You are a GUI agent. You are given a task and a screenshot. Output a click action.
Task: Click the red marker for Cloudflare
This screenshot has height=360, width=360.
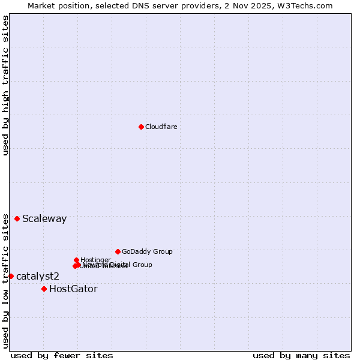[x=141, y=127]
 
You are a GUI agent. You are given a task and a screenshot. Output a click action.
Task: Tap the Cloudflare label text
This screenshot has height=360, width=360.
[x=161, y=127]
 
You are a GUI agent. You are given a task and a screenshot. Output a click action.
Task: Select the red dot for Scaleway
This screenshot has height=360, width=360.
[x=17, y=218]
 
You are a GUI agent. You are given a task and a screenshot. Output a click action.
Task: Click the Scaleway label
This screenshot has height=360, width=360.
[x=44, y=218]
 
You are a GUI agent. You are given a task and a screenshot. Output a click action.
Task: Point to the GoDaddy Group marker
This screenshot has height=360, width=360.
[x=118, y=251]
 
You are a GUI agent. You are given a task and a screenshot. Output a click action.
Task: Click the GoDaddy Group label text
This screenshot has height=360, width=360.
[x=147, y=251]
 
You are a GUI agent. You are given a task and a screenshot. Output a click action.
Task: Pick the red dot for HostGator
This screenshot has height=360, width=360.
[x=44, y=289]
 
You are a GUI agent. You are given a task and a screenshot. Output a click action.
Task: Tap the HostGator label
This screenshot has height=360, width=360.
[x=73, y=289]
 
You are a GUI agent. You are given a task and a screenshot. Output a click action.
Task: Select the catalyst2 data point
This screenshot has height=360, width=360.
[x=11, y=276]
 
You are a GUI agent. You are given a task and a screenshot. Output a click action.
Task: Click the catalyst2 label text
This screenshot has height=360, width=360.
[x=38, y=276]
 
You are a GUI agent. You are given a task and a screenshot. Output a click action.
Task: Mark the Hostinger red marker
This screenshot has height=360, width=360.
[x=76, y=260]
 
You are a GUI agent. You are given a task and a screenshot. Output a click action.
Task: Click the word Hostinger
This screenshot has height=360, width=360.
[x=96, y=260]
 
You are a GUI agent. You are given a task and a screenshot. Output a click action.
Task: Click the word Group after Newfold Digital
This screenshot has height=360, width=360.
[x=142, y=265]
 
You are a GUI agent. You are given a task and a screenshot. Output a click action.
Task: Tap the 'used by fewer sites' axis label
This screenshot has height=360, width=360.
[x=62, y=355]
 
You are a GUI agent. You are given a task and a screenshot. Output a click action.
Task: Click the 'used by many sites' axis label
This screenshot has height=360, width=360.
[x=301, y=355]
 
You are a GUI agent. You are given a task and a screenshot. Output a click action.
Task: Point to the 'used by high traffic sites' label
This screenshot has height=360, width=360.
[x=5, y=85]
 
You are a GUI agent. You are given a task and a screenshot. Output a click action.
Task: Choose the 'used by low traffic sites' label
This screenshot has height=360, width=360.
[x=5, y=280]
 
